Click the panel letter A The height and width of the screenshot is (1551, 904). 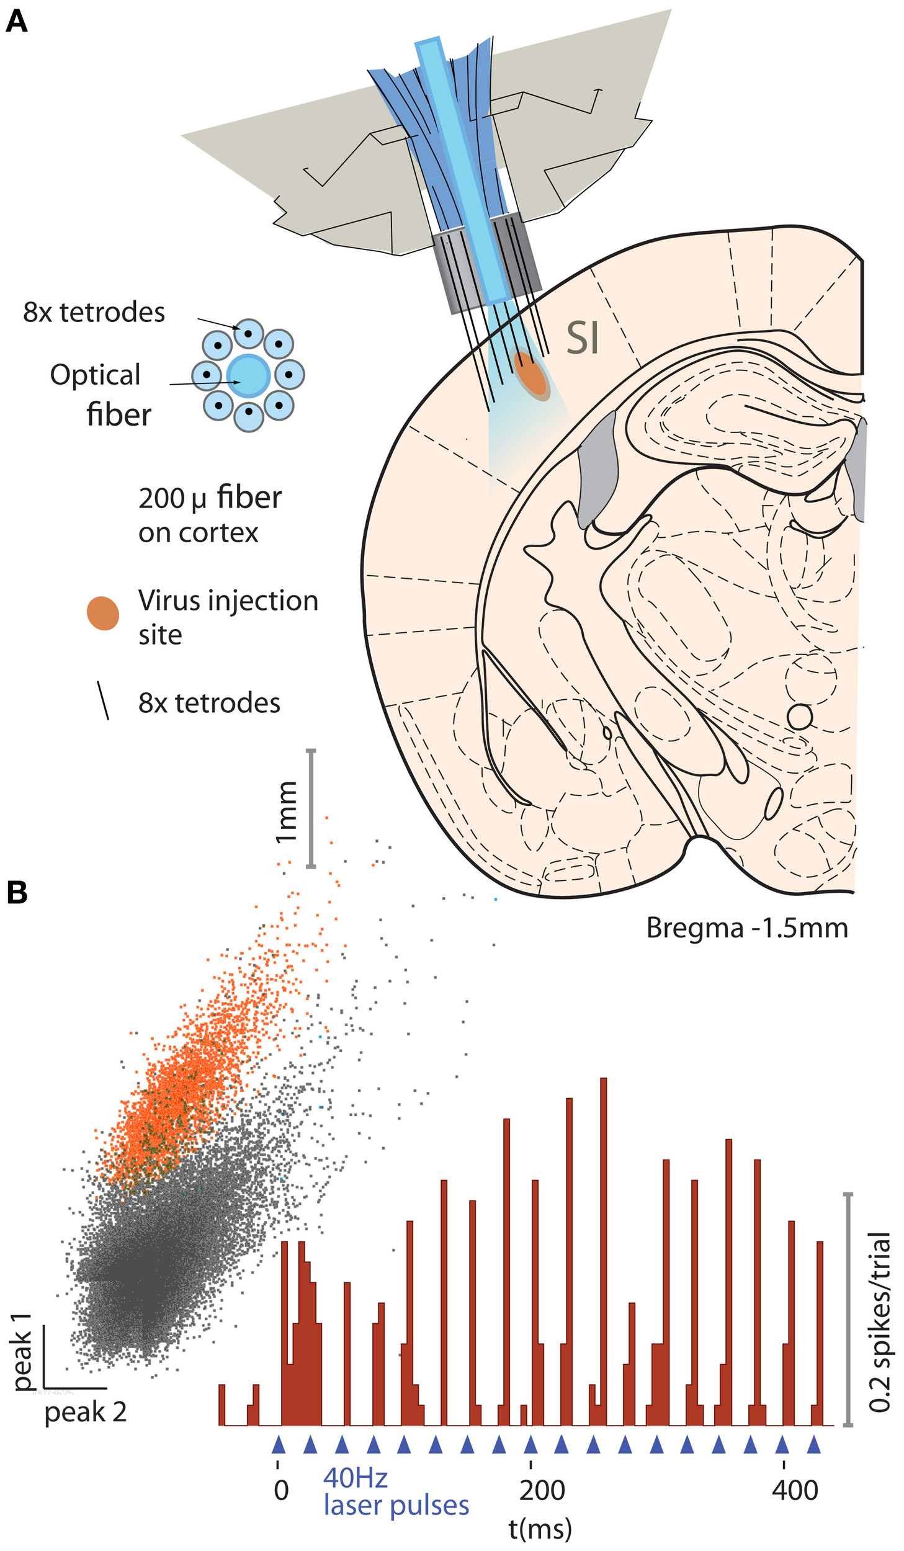click(x=17, y=22)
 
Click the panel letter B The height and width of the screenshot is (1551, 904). click(x=17, y=893)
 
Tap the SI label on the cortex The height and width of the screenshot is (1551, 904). click(x=583, y=339)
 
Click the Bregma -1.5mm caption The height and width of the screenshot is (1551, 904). click(x=746, y=928)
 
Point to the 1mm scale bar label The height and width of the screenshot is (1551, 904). click(x=286, y=812)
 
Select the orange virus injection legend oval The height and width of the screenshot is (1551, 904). click(x=103, y=614)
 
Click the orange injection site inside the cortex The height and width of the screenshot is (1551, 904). click(x=531, y=374)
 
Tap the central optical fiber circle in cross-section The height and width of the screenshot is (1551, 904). click(x=248, y=376)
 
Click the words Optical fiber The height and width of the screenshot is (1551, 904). click(x=99, y=395)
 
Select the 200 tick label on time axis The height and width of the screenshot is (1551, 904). click(x=542, y=1490)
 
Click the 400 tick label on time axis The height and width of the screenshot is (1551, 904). click(x=795, y=1490)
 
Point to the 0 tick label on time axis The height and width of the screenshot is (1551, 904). click(x=281, y=1490)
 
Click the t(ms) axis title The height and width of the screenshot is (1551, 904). click(x=540, y=1528)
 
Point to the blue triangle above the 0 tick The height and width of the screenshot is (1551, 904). click(x=278, y=1444)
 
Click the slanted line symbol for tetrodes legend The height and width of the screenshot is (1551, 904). click(x=103, y=700)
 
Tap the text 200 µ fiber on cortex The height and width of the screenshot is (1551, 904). click(x=209, y=515)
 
